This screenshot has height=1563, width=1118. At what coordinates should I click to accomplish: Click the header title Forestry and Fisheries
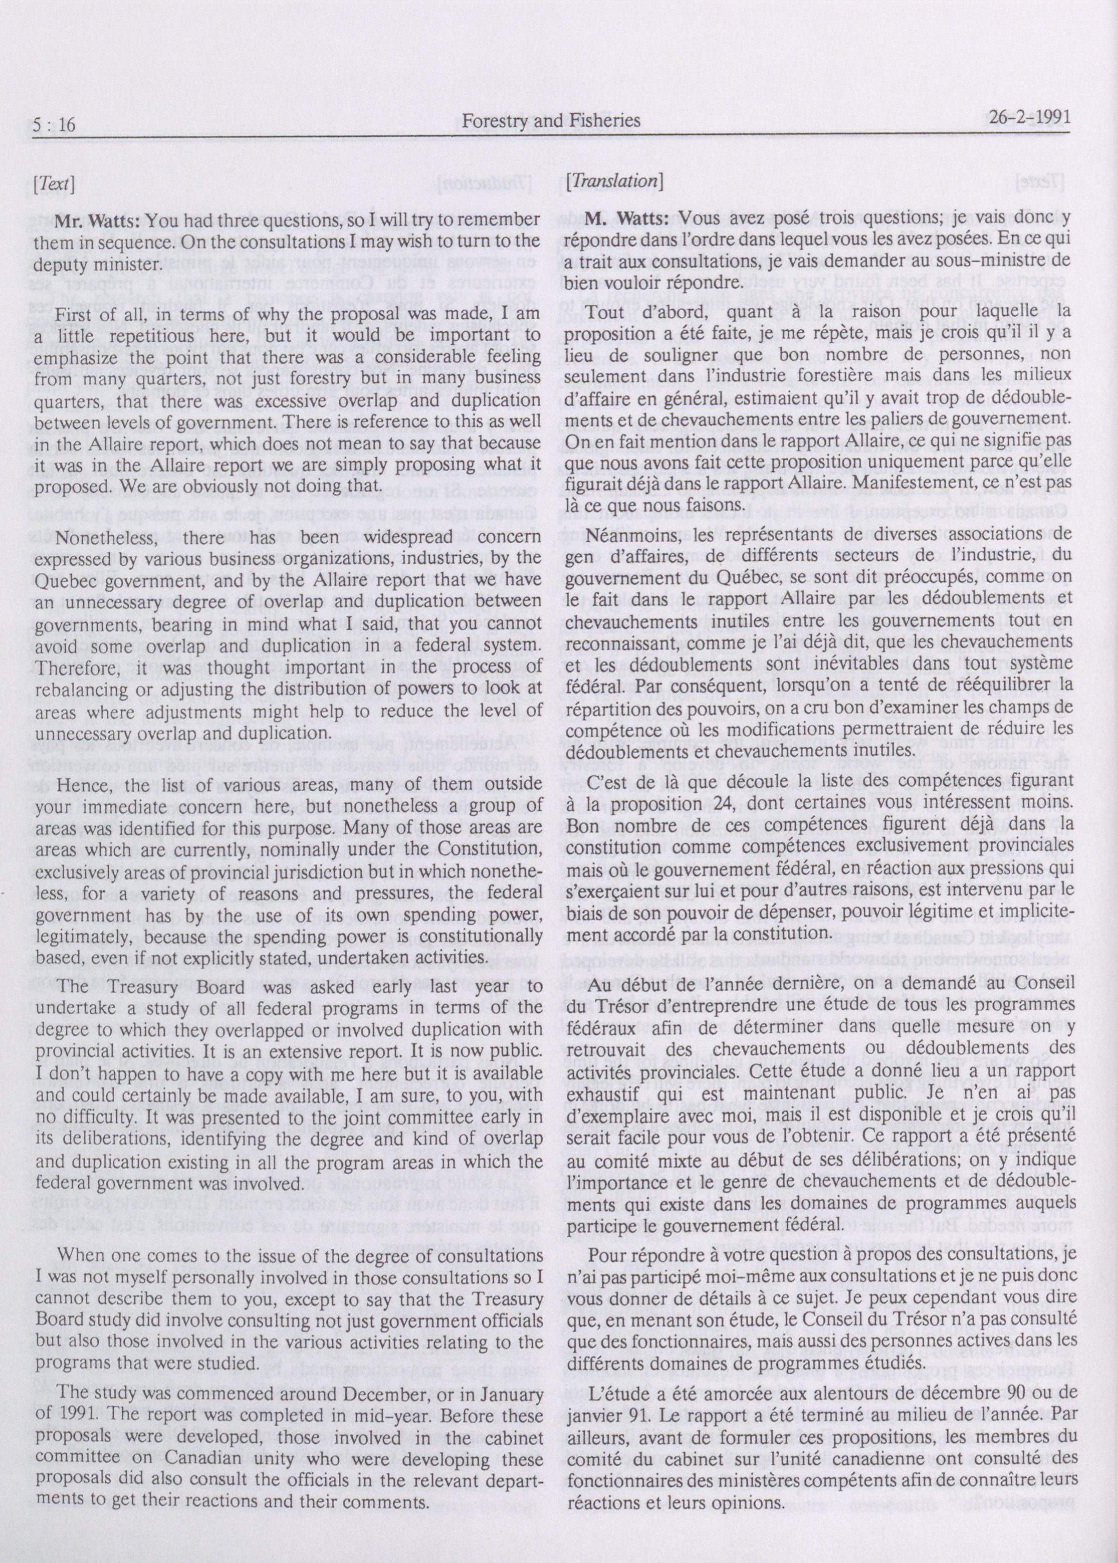click(551, 121)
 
